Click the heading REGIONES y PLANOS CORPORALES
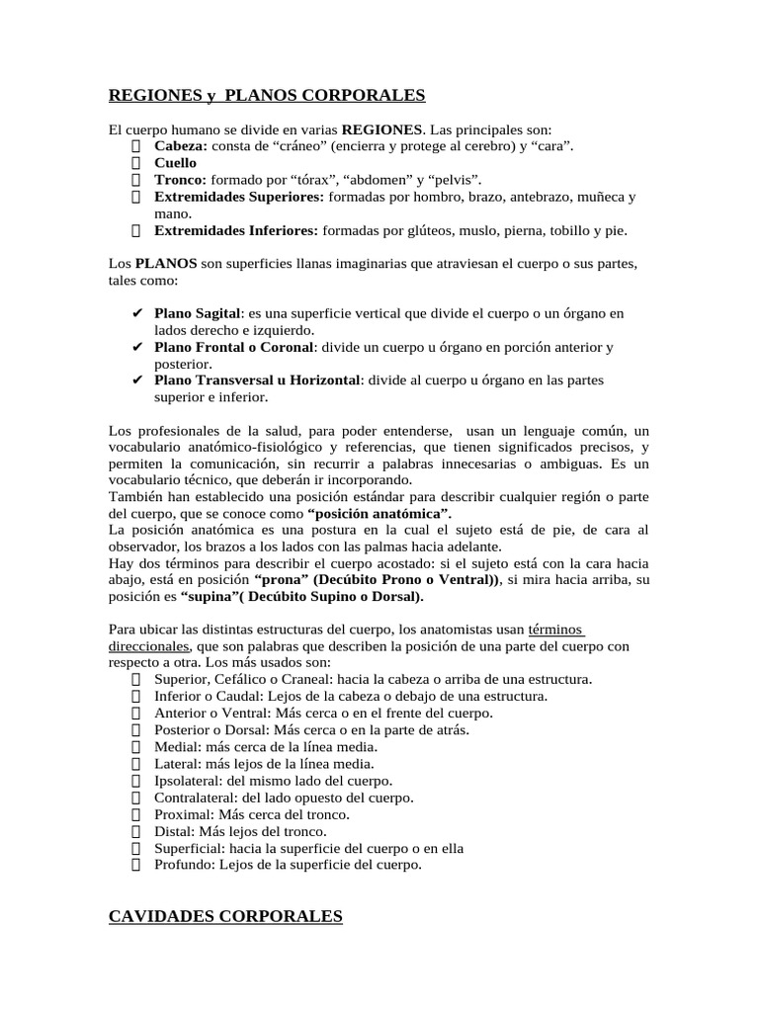(266, 96)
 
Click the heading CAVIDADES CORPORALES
(225, 917)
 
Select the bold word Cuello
(175, 163)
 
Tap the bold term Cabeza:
(181, 146)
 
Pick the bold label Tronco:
(180, 180)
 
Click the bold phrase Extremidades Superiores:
(239, 197)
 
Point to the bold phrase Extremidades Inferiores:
(236, 230)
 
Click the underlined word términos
(555, 630)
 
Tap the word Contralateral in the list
(195, 798)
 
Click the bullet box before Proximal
(136, 814)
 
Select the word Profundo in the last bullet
(181, 865)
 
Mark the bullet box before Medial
(136, 747)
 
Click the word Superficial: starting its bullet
(190, 848)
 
